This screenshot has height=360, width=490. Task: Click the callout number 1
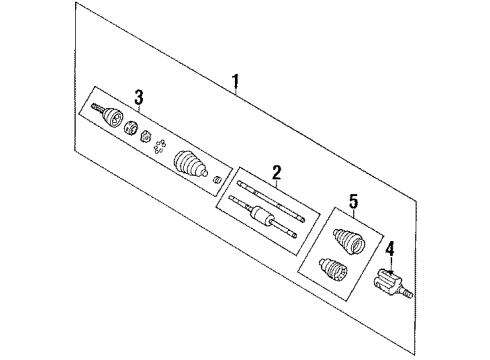[x=236, y=82]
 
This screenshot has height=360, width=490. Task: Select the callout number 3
[x=140, y=96]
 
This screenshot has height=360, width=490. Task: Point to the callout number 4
[x=391, y=247]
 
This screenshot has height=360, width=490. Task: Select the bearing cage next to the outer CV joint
[x=130, y=126]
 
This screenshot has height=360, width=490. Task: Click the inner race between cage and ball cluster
[x=145, y=134]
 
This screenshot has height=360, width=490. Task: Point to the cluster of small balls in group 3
[x=161, y=147]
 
